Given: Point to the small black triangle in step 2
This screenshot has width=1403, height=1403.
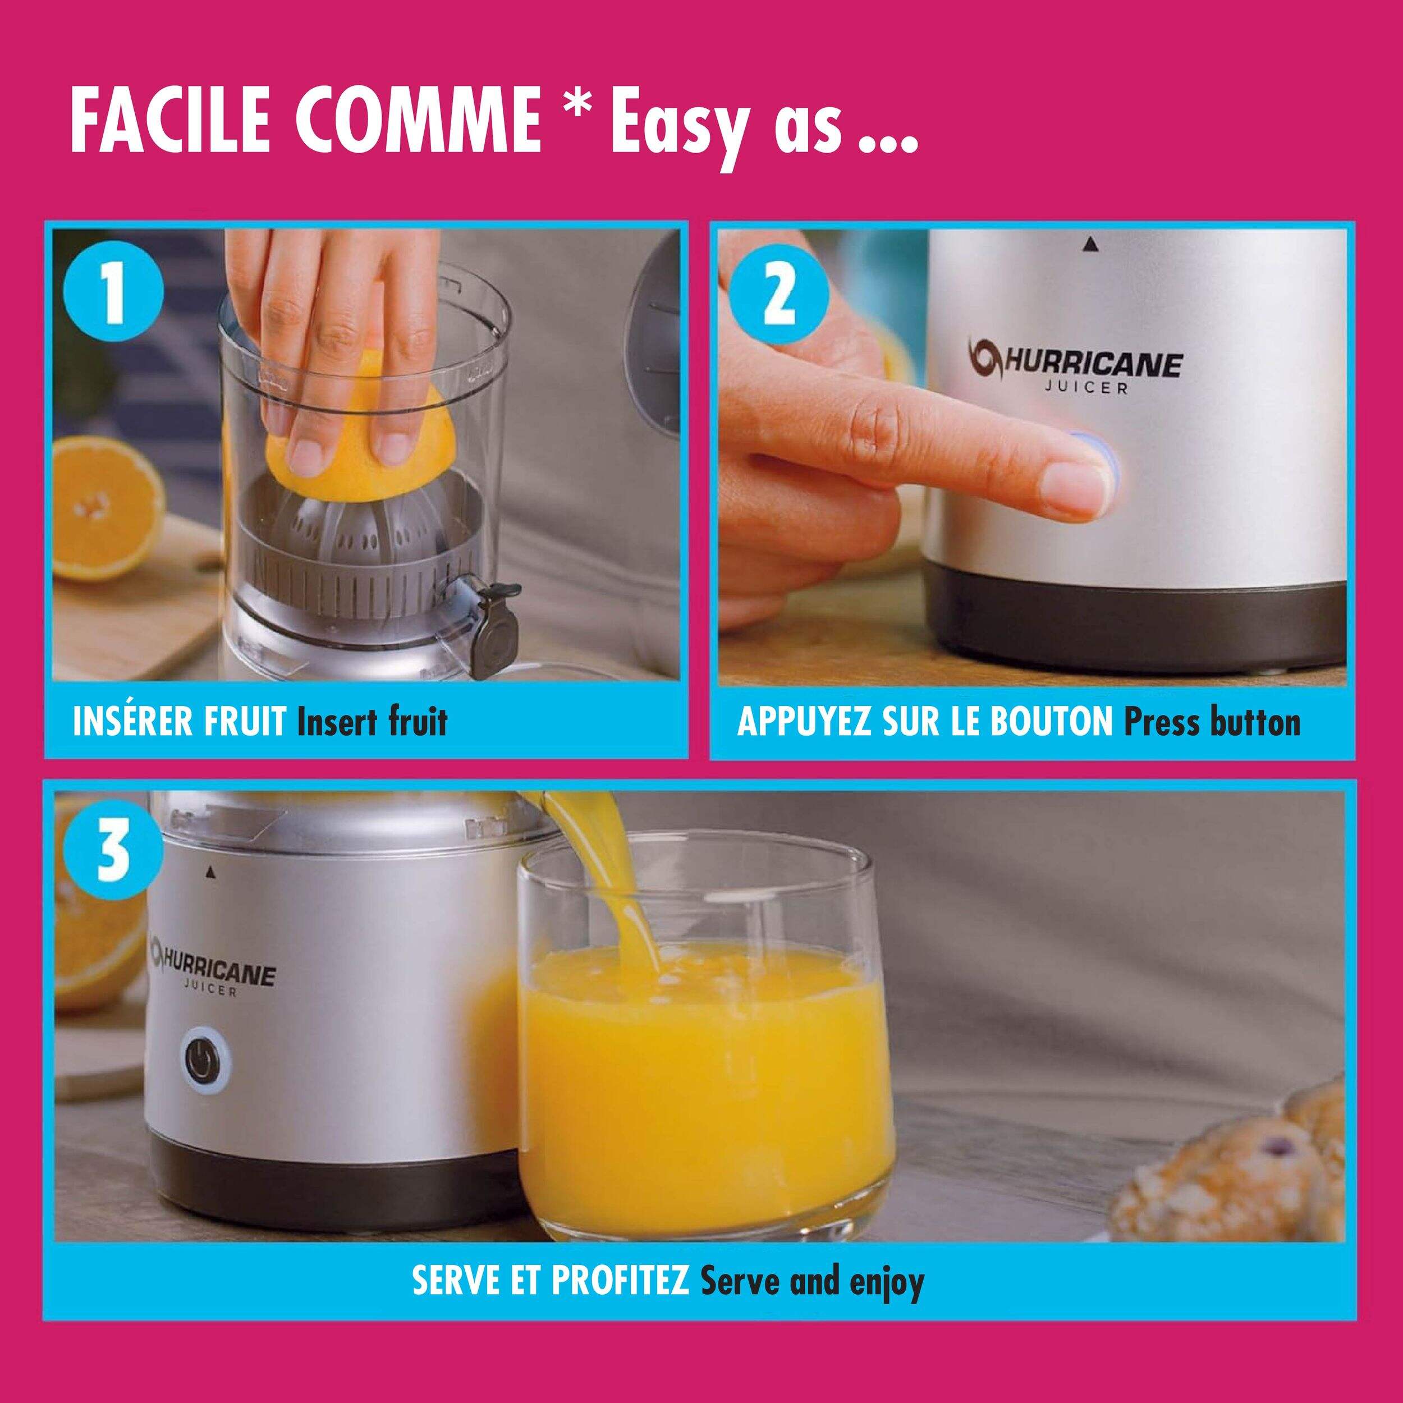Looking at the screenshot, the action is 1088,246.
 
